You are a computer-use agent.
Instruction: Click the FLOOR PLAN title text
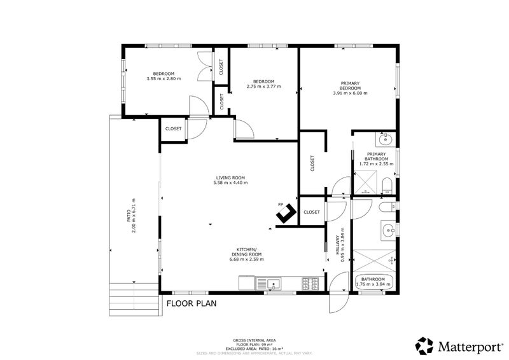coord(192,303)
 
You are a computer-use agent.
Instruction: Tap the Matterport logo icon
coord(424,345)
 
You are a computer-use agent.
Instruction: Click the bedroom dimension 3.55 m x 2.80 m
coord(164,78)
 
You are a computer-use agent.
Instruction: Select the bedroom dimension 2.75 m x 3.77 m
coord(263,87)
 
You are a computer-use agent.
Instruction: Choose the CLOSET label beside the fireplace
coord(312,212)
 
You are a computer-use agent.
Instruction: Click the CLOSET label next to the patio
coord(173,128)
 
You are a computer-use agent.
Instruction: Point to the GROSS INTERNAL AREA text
coord(254,341)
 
